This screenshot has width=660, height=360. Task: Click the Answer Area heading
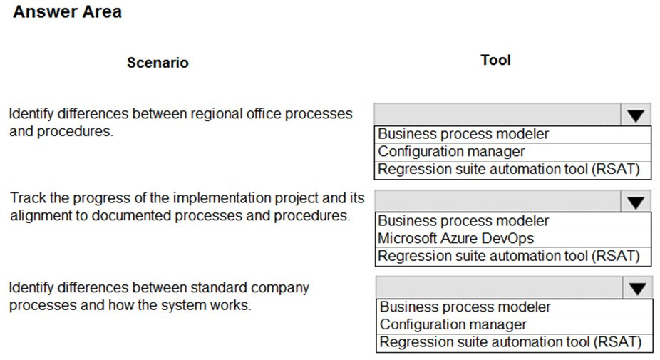pyautogui.click(x=67, y=11)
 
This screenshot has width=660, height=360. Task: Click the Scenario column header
pyautogui.click(x=158, y=62)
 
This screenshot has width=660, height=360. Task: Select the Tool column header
pyautogui.click(x=496, y=60)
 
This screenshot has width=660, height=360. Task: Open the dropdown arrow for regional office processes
pyautogui.click(x=636, y=115)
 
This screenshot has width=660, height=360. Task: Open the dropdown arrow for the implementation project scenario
pyautogui.click(x=636, y=202)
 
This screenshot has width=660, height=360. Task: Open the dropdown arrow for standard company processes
pyautogui.click(x=638, y=288)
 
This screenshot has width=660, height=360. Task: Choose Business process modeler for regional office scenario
pyautogui.click(x=463, y=134)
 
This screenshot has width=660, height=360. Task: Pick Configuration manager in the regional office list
pyautogui.click(x=451, y=152)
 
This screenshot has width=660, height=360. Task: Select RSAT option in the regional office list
pyautogui.click(x=508, y=169)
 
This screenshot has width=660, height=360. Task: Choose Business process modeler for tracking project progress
pyautogui.click(x=463, y=220)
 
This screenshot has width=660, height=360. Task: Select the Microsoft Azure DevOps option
pyautogui.click(x=456, y=238)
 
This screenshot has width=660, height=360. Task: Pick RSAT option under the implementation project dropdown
pyautogui.click(x=508, y=256)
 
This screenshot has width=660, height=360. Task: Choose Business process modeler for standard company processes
pyautogui.click(x=465, y=307)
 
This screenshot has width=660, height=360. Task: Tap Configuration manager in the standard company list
pyautogui.click(x=453, y=324)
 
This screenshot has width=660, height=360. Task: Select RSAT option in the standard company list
pyautogui.click(x=510, y=342)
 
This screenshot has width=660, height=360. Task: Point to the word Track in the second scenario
pyautogui.click(x=28, y=197)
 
